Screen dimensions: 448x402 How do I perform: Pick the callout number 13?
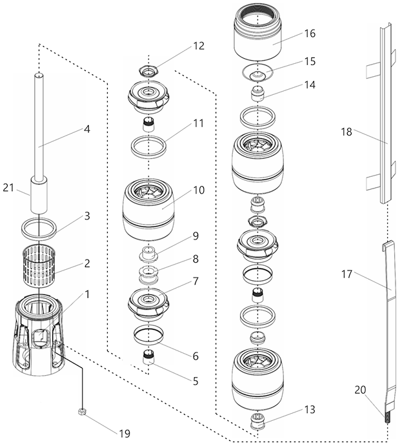(x=310, y=409)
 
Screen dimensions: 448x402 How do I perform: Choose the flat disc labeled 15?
(x=256, y=72)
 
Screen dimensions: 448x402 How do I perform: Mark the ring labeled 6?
(x=149, y=336)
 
